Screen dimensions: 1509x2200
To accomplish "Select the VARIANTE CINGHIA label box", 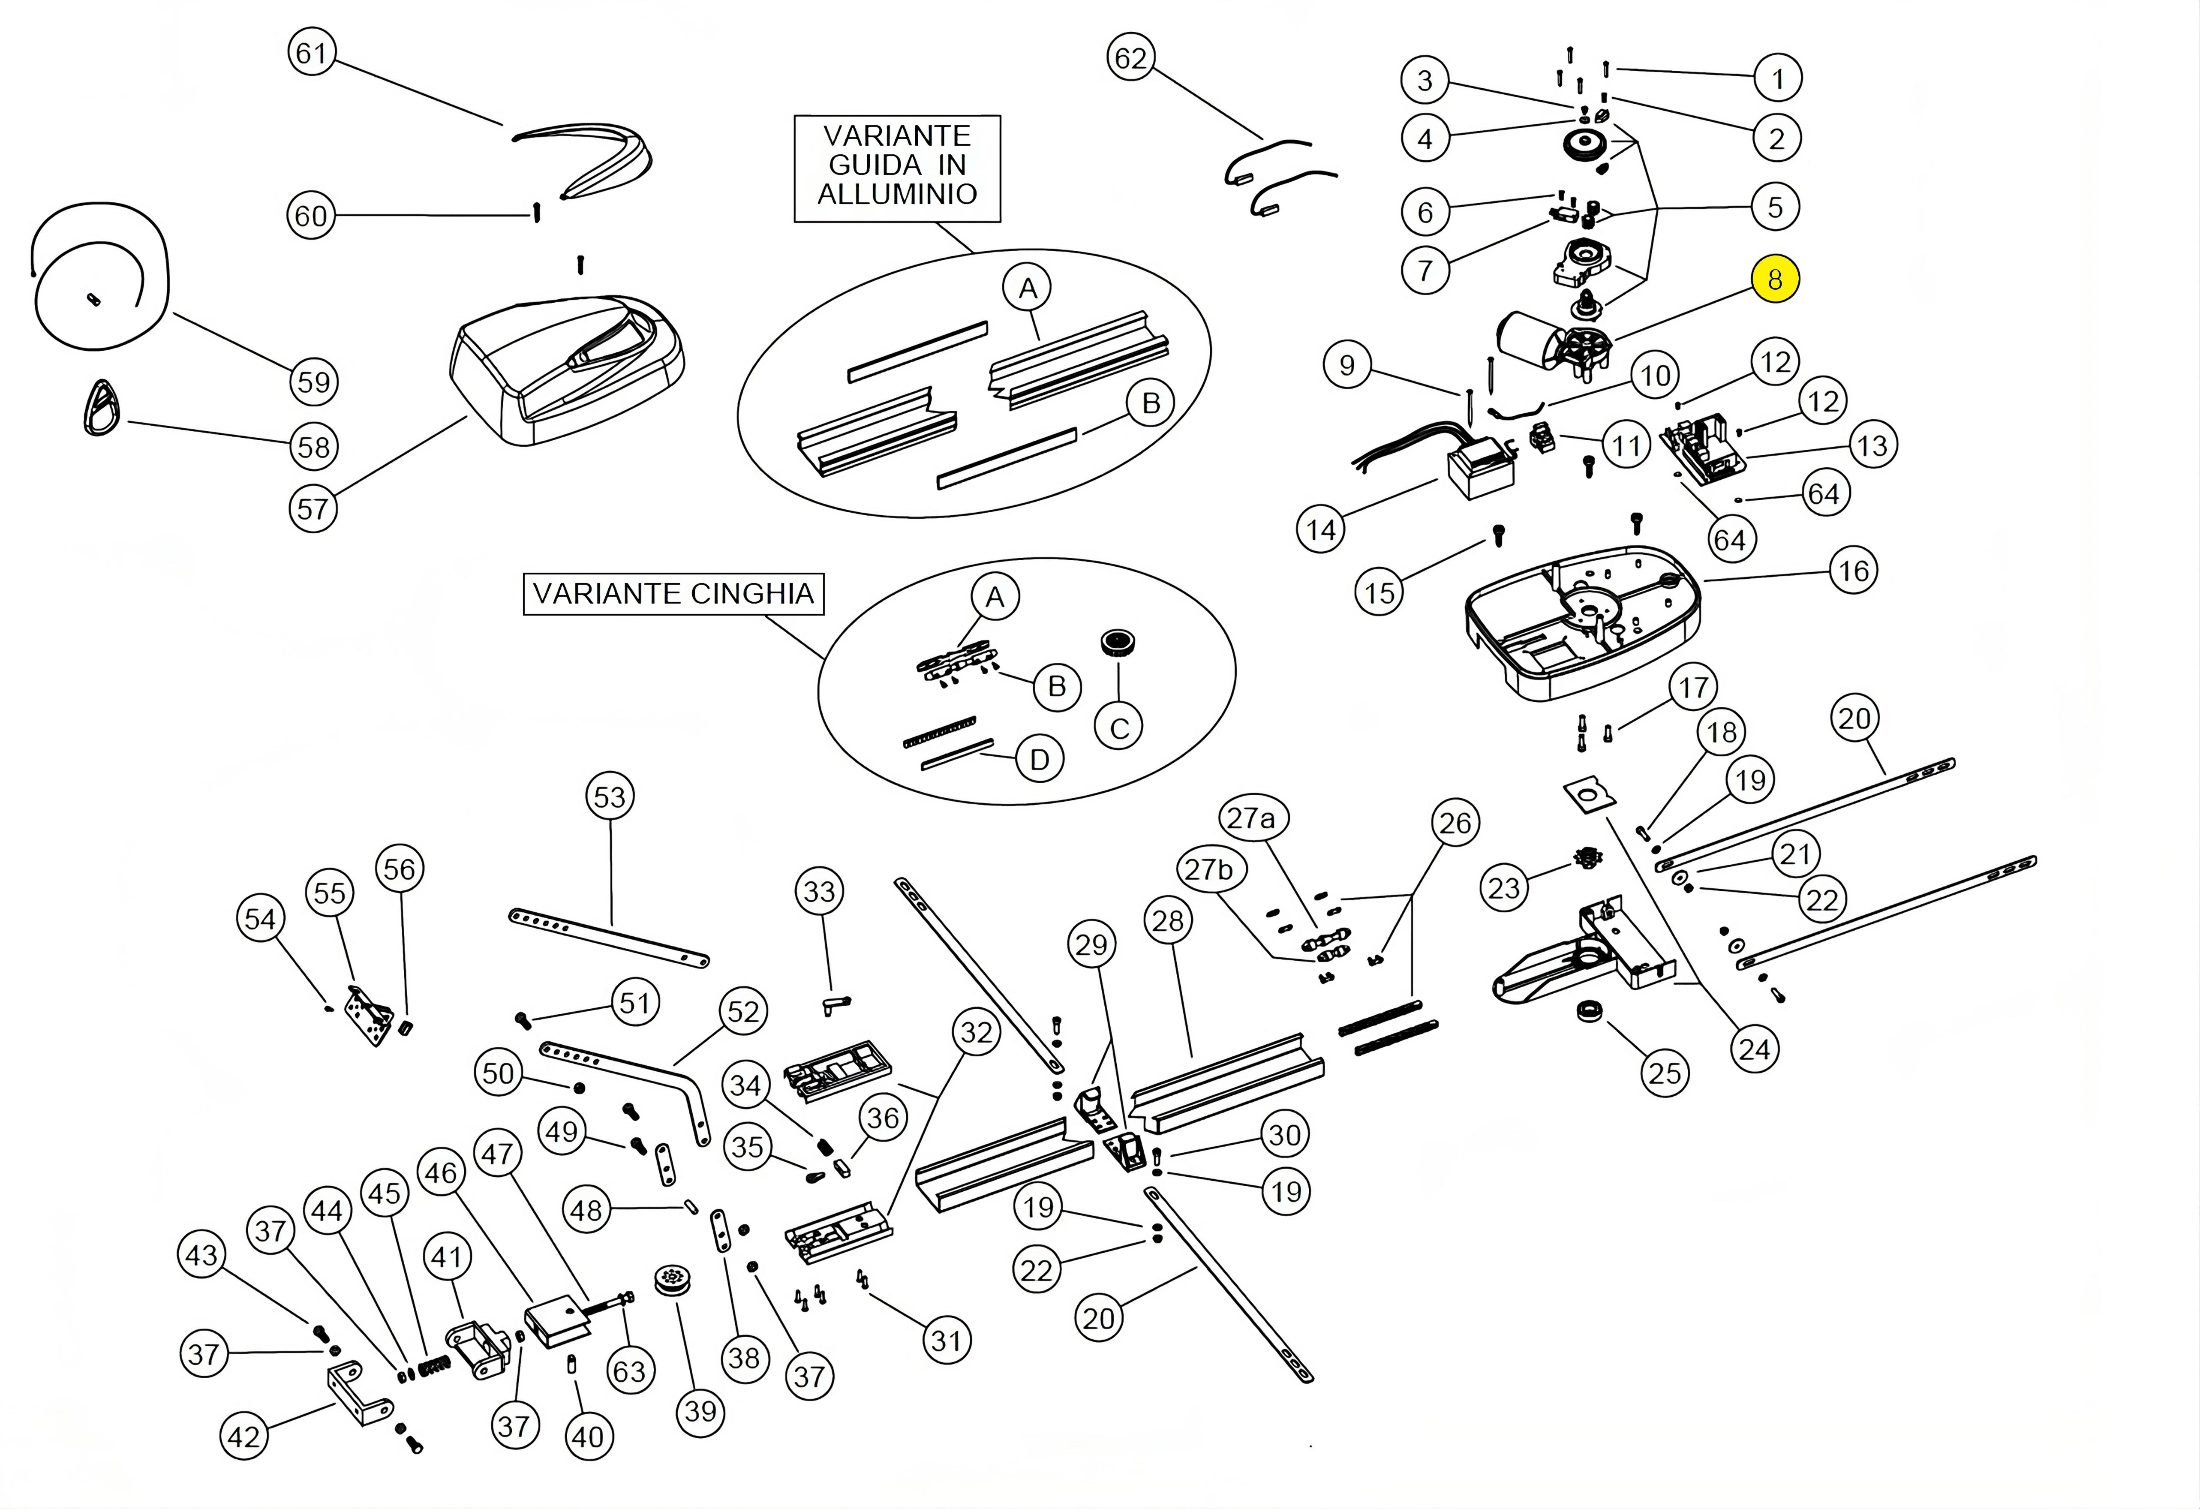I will click(673, 594).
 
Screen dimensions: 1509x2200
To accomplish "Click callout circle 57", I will click(313, 509).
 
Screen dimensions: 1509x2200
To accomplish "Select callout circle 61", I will click(312, 53).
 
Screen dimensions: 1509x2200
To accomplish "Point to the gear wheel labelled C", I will click(1118, 644).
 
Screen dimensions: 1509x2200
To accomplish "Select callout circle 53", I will click(610, 797).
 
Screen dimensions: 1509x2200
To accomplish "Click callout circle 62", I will click(1130, 59).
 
